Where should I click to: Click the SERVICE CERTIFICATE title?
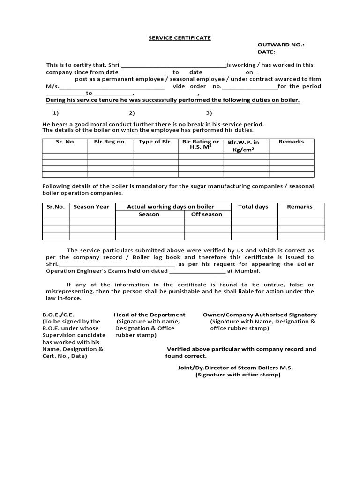coord(180,38)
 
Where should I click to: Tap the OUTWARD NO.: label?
coord(281,45)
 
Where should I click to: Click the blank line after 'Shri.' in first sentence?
coord(173,66)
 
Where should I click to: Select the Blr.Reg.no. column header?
coord(110,142)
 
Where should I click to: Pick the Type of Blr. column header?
coord(155,142)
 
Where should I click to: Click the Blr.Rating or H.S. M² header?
coord(201,144)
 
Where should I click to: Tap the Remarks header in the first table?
coord(291,142)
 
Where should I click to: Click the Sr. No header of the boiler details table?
coord(65,142)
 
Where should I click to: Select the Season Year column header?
coord(91,207)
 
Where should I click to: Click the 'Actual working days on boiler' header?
coord(171,207)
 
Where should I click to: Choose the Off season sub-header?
coord(207,214)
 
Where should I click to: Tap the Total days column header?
coord(253,207)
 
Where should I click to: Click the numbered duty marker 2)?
coord(132,113)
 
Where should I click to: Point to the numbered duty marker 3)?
coord(209,113)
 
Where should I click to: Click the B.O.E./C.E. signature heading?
coord(58,315)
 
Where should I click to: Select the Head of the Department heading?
coord(150,315)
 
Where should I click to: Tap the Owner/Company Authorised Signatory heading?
coord(260,315)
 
